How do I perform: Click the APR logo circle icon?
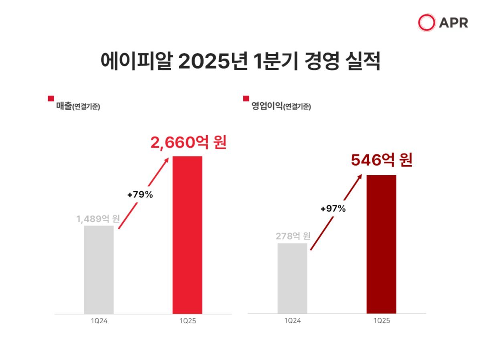426,22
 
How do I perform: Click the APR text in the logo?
453,23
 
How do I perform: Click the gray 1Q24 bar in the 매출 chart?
99,270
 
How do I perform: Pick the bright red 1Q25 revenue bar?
187,235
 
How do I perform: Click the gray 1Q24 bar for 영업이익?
292,278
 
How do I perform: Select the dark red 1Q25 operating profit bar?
381,244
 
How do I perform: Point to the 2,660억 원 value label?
188,143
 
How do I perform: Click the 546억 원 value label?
382,160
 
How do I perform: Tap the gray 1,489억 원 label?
99,219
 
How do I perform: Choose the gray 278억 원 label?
293,236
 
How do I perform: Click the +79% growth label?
140,195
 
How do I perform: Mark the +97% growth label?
333,209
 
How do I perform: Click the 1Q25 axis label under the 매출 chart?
187,321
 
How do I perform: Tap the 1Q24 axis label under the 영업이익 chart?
292,321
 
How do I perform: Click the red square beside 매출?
51,98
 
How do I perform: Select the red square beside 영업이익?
246,98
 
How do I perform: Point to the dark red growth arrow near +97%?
336,213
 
